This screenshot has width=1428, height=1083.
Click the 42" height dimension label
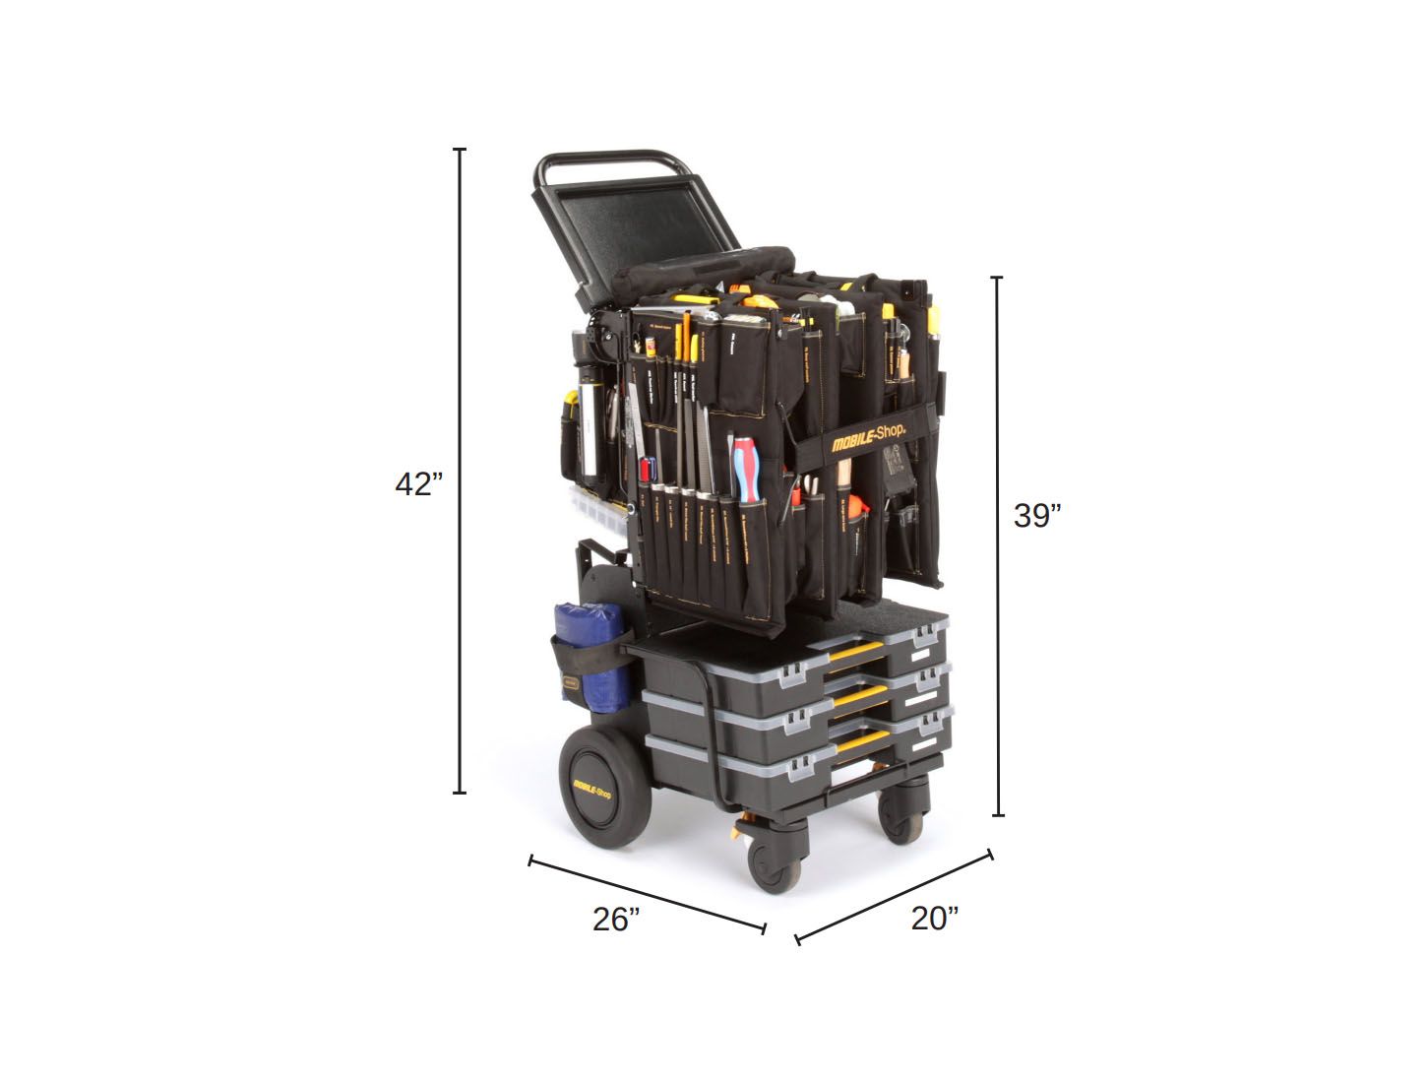(418, 484)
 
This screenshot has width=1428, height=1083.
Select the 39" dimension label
(1037, 515)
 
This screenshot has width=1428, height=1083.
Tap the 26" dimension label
(616, 920)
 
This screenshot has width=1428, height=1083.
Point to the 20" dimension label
(934, 918)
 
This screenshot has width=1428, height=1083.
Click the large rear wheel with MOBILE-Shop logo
(602, 793)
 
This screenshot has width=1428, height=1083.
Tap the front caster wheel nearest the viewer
(775, 862)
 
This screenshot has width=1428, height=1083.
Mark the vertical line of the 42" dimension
(459, 473)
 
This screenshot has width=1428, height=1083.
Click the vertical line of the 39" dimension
(997, 546)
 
